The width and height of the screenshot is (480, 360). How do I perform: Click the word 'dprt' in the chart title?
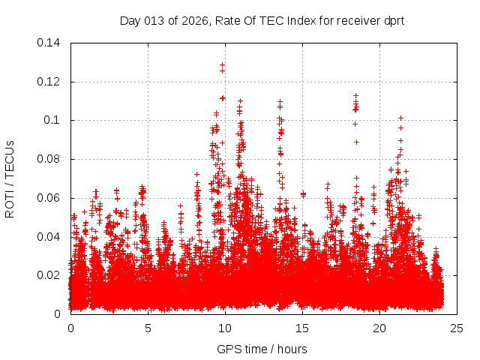point(393,20)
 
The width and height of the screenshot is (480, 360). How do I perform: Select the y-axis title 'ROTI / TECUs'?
point(10,178)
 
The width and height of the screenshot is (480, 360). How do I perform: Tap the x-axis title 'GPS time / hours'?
point(262,349)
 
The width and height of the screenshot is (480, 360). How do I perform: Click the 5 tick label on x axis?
point(148,328)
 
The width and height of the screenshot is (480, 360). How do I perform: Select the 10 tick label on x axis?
point(225,328)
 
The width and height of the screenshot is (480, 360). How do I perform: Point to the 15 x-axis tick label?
point(302,328)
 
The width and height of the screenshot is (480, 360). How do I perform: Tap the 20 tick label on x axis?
point(379,328)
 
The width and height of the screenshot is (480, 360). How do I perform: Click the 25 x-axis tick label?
point(457,328)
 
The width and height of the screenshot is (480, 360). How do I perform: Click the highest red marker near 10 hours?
point(222,64)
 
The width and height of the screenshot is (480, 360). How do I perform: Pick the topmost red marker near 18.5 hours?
point(356,95)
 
